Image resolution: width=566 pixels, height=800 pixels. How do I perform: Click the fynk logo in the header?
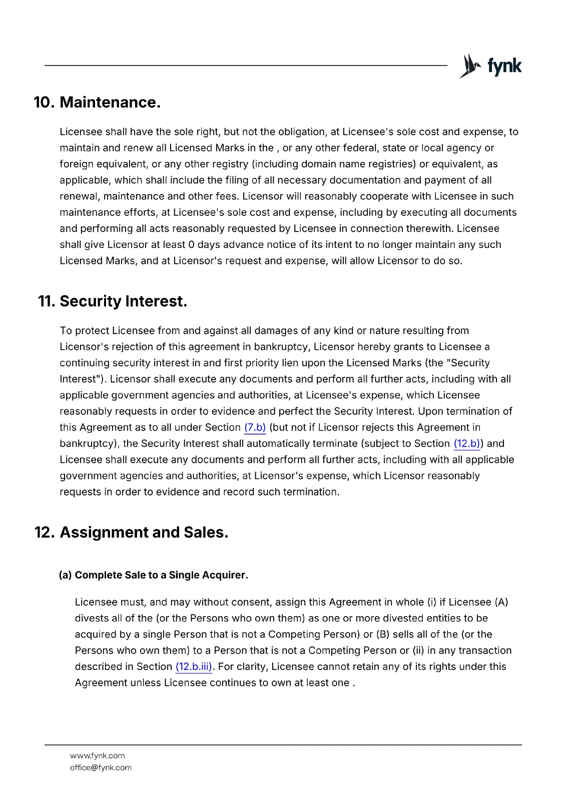click(490, 66)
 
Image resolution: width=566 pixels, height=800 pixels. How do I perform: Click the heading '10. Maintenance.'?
click(97, 102)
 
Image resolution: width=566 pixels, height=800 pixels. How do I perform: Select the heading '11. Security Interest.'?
click(113, 301)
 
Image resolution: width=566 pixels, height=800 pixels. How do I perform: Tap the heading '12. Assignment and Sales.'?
click(131, 532)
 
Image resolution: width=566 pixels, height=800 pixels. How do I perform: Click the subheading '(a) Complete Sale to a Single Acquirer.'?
click(153, 575)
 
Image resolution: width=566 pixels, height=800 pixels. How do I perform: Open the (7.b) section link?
click(255, 427)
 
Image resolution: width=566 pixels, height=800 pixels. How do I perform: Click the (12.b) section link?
click(467, 443)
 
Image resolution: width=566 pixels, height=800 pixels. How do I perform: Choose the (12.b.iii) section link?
click(194, 667)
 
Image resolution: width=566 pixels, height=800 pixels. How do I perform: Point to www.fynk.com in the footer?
click(97, 755)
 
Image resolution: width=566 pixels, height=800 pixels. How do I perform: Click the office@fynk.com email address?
click(101, 767)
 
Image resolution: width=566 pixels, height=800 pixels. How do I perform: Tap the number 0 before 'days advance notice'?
click(191, 245)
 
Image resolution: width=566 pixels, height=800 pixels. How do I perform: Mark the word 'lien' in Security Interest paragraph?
click(290, 363)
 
